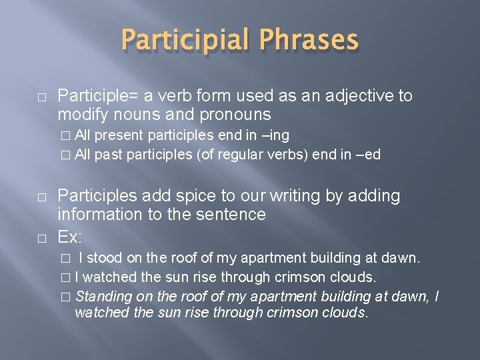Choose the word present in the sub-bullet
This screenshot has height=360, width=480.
(120, 136)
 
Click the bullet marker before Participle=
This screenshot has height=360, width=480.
(41, 97)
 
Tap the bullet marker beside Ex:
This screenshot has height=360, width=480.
(41, 237)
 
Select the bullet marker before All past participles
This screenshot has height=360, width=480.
(65, 155)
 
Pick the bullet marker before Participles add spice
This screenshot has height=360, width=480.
(41, 197)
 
